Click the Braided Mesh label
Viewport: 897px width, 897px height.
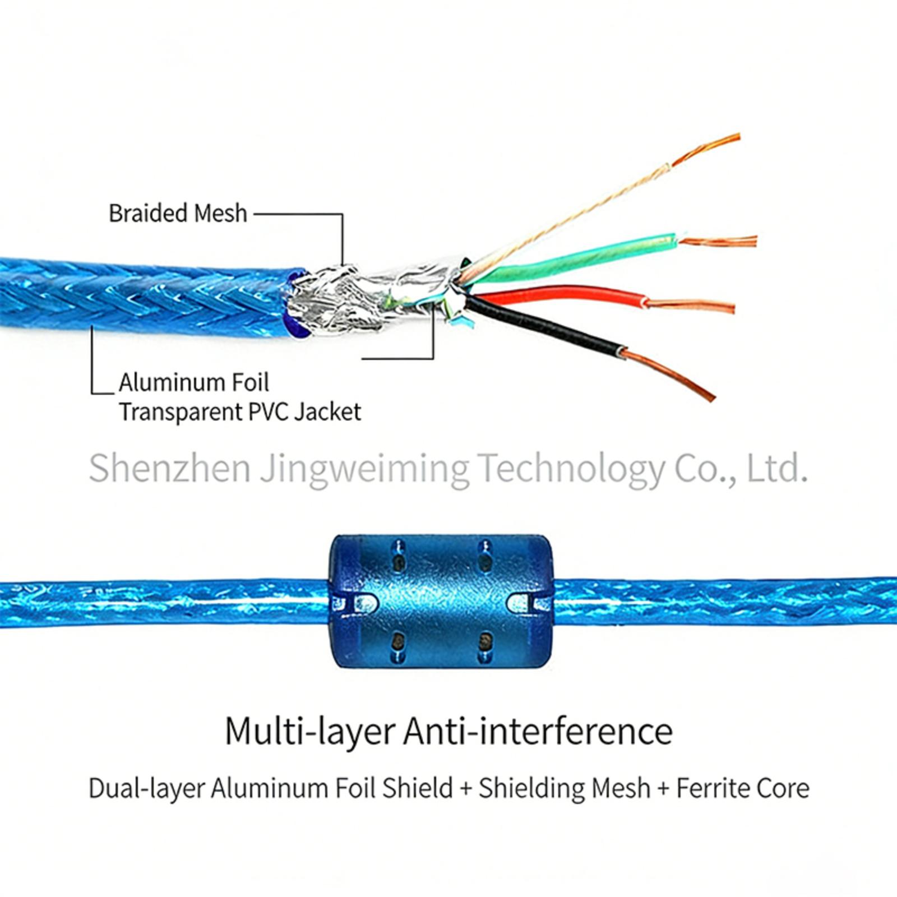click(178, 214)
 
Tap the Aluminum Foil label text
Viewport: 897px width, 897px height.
click(194, 383)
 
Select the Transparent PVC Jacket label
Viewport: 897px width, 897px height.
click(240, 412)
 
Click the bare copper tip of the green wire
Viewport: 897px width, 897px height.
click(720, 242)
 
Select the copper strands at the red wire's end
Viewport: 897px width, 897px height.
click(692, 306)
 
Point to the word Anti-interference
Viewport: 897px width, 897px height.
click(538, 731)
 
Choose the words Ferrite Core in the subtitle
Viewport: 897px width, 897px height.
click(743, 788)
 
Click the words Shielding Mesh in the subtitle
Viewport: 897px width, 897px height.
click(564, 788)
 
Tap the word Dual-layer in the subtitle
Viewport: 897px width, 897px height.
click(146, 788)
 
